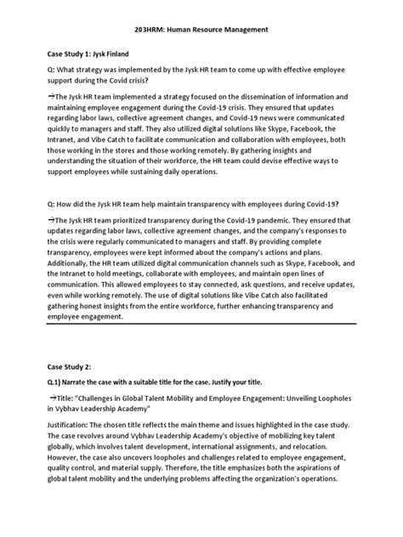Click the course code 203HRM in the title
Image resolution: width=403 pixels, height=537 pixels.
[152, 30]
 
